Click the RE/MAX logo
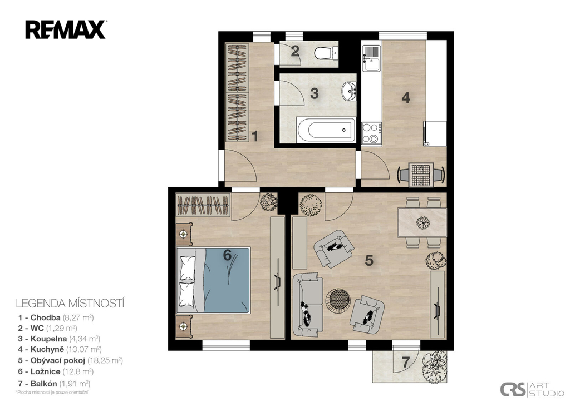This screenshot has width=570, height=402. pyautogui.click(x=66, y=30)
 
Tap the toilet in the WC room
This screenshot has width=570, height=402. pyautogui.click(x=326, y=53)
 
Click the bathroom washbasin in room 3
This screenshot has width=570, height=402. pyautogui.click(x=350, y=91)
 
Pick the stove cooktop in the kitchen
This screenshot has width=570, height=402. pyautogui.click(x=371, y=133)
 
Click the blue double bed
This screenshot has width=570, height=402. pyautogui.click(x=213, y=280)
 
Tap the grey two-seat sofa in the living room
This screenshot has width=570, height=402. pyautogui.click(x=308, y=304)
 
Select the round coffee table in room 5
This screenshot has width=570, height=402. pyautogui.click(x=338, y=300)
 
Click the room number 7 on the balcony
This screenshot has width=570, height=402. pyautogui.click(x=406, y=362)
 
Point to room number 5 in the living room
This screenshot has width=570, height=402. pyautogui.click(x=369, y=260)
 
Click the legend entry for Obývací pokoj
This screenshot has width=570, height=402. pyautogui.click(x=71, y=361)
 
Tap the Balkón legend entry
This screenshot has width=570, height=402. pyautogui.click(x=54, y=384)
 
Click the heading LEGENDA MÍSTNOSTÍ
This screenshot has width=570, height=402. pyautogui.click(x=70, y=303)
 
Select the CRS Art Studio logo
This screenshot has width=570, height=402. pyautogui.click(x=532, y=389)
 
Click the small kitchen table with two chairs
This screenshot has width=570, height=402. pyautogui.click(x=421, y=175)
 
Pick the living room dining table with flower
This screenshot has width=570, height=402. pyautogui.click(x=422, y=222)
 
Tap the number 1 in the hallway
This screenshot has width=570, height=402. pyautogui.click(x=255, y=136)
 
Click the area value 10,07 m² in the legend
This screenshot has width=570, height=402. pyautogui.click(x=85, y=349)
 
